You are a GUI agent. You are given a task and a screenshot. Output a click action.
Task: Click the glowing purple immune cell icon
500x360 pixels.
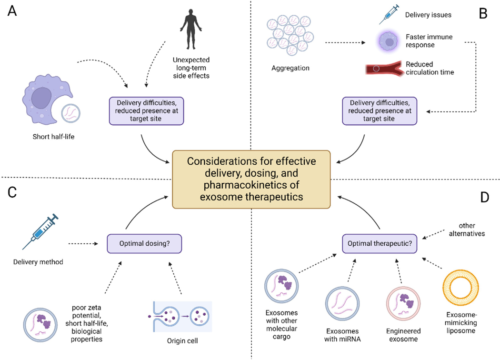(x=389, y=41)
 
